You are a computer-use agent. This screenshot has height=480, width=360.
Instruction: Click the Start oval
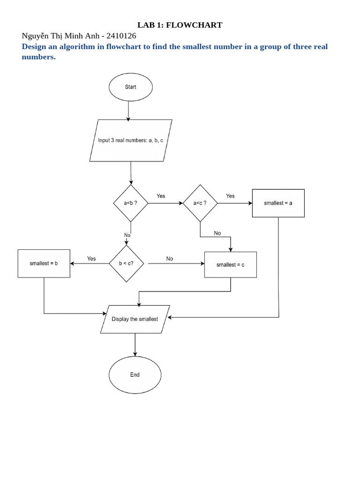pos(130,87)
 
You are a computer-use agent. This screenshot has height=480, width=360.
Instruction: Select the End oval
pos(135,375)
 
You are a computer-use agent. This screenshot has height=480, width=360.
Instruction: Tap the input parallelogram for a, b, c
pos(131,141)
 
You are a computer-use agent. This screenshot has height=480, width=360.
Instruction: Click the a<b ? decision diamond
pos(130,203)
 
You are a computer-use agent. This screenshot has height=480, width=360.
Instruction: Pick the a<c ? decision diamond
pos(200,203)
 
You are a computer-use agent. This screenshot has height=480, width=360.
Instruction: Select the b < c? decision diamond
pos(126,263)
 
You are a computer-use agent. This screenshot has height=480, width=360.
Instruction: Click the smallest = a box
pos(278,203)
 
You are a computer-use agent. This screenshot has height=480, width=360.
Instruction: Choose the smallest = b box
pos(44,263)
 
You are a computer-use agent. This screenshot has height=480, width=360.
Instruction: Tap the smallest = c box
pos(230,265)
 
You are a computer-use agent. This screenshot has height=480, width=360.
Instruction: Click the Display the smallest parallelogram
pos(135,319)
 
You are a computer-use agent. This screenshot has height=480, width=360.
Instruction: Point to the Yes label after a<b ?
pos(161,196)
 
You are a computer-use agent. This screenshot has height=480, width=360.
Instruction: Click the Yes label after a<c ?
pos(230,196)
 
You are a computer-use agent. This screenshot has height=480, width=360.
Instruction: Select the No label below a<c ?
pos(217,233)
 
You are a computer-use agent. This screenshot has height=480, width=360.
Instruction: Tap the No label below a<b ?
pos(127,235)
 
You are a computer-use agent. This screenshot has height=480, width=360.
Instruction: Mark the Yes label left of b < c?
pos(91,258)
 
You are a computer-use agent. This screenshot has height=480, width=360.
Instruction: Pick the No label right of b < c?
pos(169,258)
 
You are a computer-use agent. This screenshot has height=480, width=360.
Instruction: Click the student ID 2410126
pos(121,36)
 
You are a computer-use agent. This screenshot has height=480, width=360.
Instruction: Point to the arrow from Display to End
pos(135,345)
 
